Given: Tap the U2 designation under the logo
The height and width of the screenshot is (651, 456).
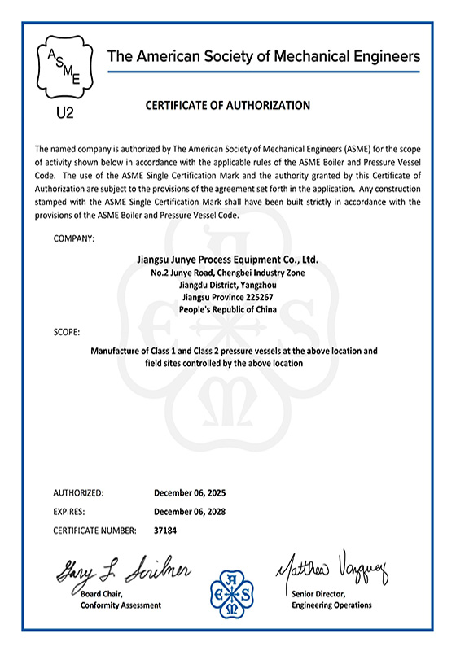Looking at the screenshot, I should (x=65, y=112).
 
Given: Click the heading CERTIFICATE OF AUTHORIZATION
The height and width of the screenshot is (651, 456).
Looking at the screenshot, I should (x=227, y=105).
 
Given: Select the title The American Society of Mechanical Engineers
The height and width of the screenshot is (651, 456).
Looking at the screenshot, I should (x=265, y=56).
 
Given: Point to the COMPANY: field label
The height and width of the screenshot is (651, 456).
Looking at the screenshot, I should (x=74, y=238).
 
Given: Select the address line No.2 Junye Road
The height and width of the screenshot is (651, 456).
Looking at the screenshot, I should (x=227, y=273).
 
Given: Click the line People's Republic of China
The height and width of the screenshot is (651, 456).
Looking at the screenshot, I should (x=227, y=310).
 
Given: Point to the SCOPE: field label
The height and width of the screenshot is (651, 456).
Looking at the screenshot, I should (x=68, y=332).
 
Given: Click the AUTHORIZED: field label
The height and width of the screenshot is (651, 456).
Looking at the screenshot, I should (x=78, y=493).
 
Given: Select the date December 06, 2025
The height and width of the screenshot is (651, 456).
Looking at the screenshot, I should (x=190, y=493).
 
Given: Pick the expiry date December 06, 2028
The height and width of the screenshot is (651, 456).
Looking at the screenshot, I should (x=190, y=512).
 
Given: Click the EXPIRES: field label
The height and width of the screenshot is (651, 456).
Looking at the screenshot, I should (x=69, y=512).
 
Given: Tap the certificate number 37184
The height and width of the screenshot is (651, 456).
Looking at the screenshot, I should (x=165, y=531).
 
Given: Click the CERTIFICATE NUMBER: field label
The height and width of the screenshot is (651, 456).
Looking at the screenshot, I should (x=94, y=531).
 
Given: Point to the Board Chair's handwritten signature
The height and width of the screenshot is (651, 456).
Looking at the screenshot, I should (x=122, y=572).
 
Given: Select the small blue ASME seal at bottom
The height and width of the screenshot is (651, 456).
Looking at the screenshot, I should (x=235, y=592).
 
